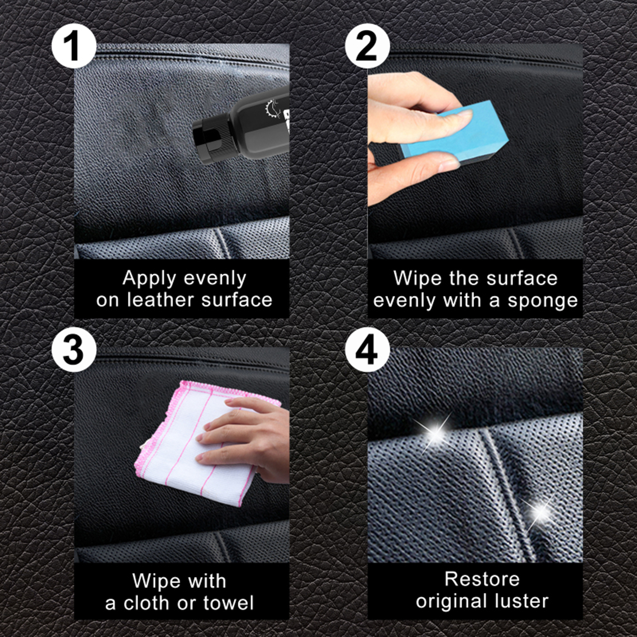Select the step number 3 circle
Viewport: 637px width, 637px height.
[x=74, y=350]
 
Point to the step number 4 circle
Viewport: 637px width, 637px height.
[x=367, y=350]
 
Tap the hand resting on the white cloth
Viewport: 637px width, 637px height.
[x=247, y=438]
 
